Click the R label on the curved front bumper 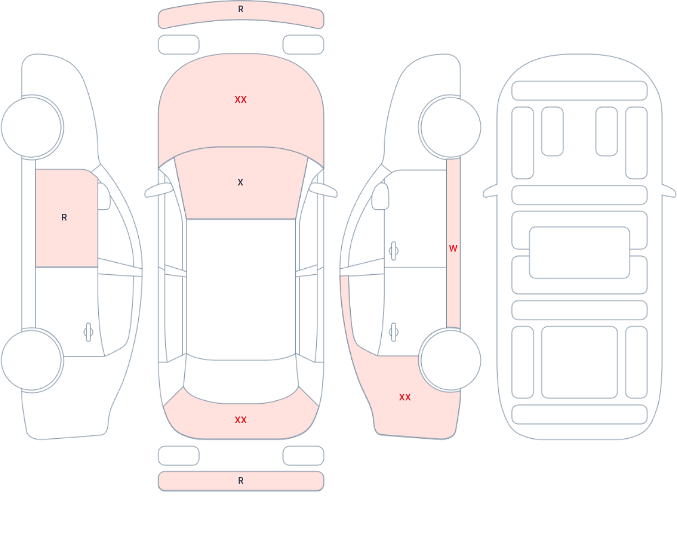pos(241,9)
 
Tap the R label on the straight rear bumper pos(241,481)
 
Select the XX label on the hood pos(241,100)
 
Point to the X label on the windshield pos(240,182)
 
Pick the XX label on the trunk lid pos(241,420)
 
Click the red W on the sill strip pos(453,248)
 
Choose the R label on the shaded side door pos(64,217)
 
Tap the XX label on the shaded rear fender pos(405,397)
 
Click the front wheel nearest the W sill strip pos(451,127)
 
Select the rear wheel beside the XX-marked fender pos(451,360)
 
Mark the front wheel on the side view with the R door pos(32,127)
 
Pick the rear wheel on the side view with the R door pos(32,360)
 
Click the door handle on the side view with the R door pos(88,332)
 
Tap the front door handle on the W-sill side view pos(393,251)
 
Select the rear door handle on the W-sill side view pos(393,332)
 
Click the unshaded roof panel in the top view pos(241,289)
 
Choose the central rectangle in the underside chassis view pos(579,253)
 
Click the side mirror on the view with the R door pos(104,196)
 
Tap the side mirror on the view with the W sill pos(380,196)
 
